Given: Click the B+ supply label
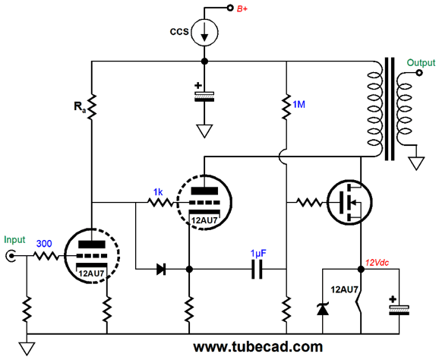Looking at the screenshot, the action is pos(242,8).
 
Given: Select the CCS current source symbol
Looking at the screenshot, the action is pos(204,32).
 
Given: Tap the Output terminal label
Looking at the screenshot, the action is pos(421,63).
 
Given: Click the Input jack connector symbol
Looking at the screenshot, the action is pos(11,256).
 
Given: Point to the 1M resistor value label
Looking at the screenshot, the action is pos(298,104).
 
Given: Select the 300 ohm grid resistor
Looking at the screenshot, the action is pos(46,256).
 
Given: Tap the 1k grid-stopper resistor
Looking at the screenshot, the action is pos(161,202).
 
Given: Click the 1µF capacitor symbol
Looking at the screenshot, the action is pos(257,270).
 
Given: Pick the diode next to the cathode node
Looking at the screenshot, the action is pos(161,270).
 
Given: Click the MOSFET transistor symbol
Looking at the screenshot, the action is pos(349,202).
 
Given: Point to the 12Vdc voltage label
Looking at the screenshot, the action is pos(377,263).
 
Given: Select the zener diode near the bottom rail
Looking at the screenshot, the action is pos(323,309).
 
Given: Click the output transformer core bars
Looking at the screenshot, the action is pos(390,109).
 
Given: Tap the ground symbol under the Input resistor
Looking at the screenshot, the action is pos(27,349).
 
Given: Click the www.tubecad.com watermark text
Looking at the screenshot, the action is pos(258,347).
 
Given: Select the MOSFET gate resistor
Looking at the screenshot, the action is pos(309,202).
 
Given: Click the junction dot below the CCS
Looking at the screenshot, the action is pos(204,61).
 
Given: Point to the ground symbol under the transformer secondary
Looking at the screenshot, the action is pos(416,163).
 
